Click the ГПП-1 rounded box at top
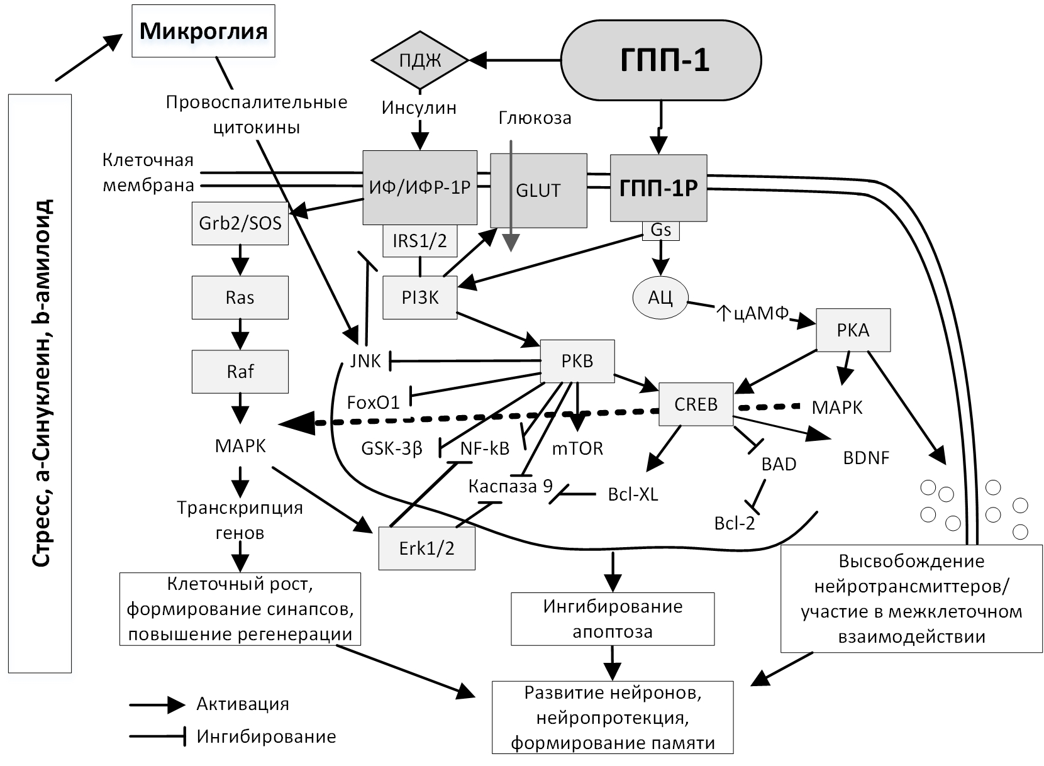click(660, 60)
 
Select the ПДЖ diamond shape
click(420, 60)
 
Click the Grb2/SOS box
click(240, 223)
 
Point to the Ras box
click(240, 297)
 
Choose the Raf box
click(240, 371)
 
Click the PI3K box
click(420, 297)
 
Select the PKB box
click(577, 361)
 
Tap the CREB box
click(696, 404)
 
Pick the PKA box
click(853, 330)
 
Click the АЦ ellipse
click(660, 297)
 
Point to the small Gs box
click(660, 230)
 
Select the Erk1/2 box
click(426, 548)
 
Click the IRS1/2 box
click(419, 241)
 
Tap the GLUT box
click(538, 190)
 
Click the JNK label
click(365, 361)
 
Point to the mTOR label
click(577, 448)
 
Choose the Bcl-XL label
click(633, 494)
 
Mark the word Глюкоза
click(535, 118)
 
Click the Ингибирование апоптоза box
click(613, 619)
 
